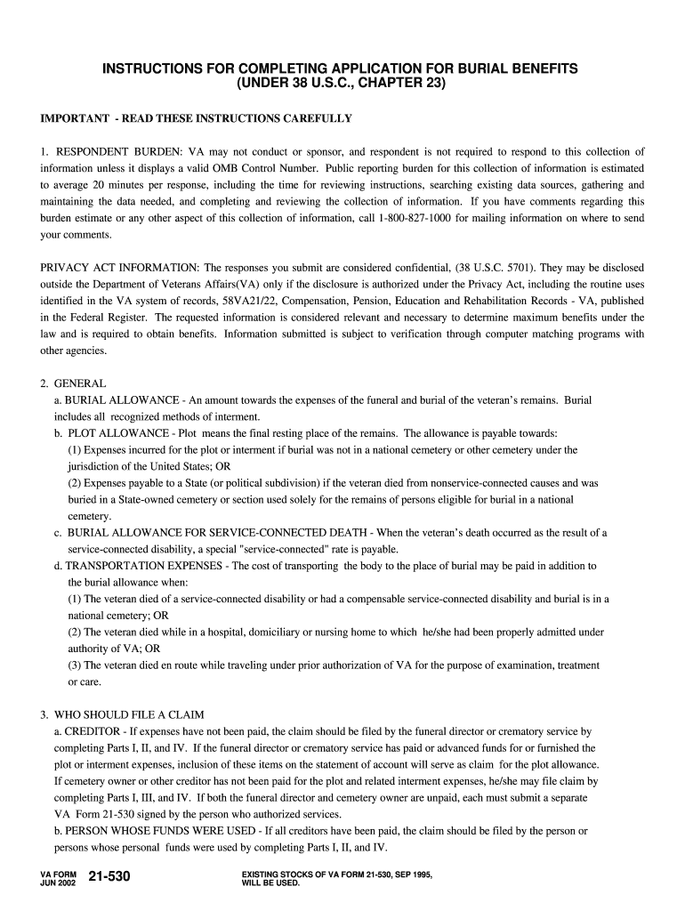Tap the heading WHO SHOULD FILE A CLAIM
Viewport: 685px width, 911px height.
tap(129, 714)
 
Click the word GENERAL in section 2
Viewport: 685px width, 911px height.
tap(80, 383)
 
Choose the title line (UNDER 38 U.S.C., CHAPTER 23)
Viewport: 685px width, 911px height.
tap(342, 85)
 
